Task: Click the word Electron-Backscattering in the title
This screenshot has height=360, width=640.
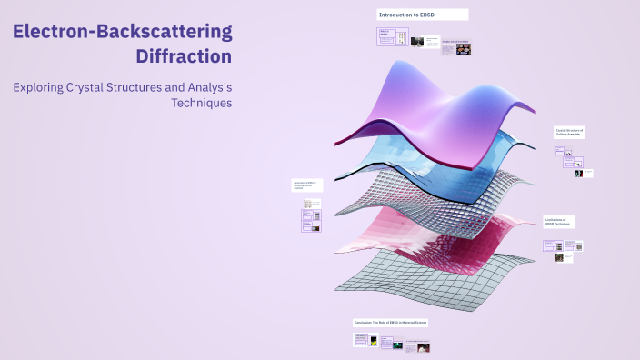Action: pos(122,31)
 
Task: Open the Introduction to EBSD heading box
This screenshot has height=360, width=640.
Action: pos(423,15)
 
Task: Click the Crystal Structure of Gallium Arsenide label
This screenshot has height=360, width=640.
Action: pos(570,133)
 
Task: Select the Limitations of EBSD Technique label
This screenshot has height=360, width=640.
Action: pos(557,222)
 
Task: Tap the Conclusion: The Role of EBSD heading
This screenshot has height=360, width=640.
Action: pos(391,323)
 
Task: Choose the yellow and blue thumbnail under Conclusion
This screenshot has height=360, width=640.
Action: pos(361,342)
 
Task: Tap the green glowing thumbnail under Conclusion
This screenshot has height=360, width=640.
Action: pos(397,344)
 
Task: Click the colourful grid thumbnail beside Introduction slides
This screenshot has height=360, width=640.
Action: pos(456,48)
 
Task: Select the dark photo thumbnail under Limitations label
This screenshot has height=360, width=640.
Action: pos(560,257)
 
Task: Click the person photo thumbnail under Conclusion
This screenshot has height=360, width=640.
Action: pos(424,347)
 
